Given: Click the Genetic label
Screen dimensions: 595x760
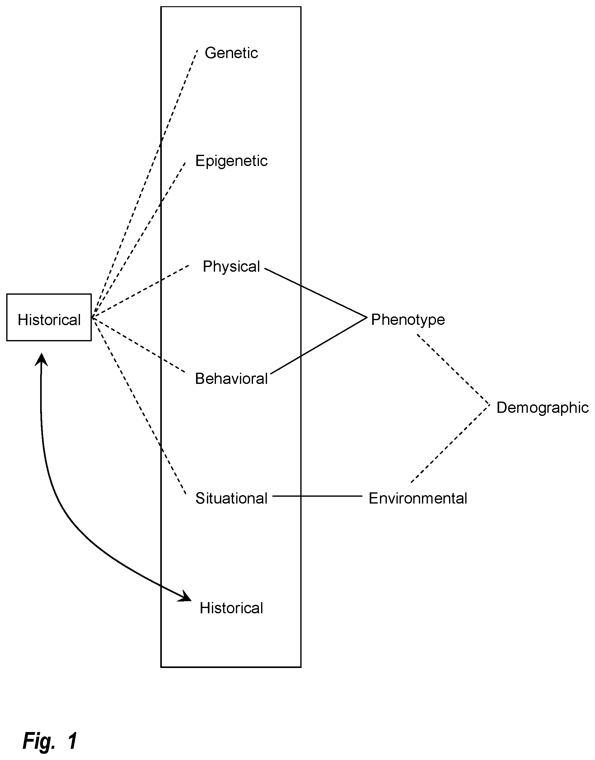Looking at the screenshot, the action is click(x=231, y=53).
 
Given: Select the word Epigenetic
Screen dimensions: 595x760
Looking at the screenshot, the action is click(x=231, y=161).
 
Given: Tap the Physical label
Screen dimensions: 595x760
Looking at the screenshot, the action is click(x=231, y=267).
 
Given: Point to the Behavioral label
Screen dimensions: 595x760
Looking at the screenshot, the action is click(x=231, y=379).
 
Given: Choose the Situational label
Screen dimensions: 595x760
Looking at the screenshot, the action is click(x=231, y=498).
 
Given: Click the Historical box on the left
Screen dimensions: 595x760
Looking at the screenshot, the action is click(x=49, y=317).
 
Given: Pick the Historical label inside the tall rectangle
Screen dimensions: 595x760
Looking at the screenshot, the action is click(x=231, y=608).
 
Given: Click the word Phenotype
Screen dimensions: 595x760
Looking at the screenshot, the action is click(x=408, y=320).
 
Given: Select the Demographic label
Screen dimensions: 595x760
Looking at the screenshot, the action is click(x=542, y=408).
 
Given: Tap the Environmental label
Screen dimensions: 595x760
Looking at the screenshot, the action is click(x=418, y=498).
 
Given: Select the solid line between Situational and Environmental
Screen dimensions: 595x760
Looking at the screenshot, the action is click(x=317, y=496).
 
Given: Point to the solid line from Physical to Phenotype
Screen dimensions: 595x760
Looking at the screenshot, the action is click(x=316, y=293).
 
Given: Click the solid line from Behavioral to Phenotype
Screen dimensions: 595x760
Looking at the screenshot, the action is click(x=319, y=346).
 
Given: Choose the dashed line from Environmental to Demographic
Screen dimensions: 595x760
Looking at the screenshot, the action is click(x=450, y=444).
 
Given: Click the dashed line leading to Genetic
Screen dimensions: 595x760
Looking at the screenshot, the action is click(x=145, y=183).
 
